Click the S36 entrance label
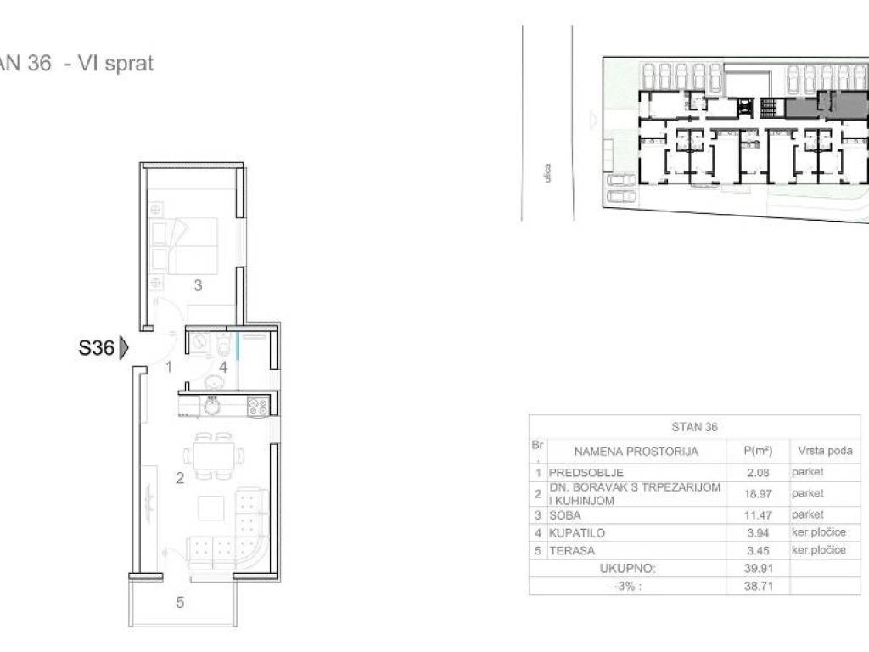coord(97,348)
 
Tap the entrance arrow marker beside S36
coord(124,348)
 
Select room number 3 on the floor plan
coord(198,285)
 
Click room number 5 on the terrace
coord(180,602)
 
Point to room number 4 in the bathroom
coord(223,367)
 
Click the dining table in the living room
coord(212,456)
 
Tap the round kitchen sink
coord(212,407)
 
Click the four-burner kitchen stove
coord(258,407)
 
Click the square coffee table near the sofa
coord(211,509)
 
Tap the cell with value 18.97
coord(758,494)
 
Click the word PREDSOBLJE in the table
coord(586,473)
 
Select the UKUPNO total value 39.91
coord(758,569)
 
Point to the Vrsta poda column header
coord(825,451)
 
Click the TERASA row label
coord(571,551)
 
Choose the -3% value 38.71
coord(758,586)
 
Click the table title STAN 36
coord(694,427)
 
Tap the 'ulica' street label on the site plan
coord(547,172)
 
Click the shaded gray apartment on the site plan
coord(826,105)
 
